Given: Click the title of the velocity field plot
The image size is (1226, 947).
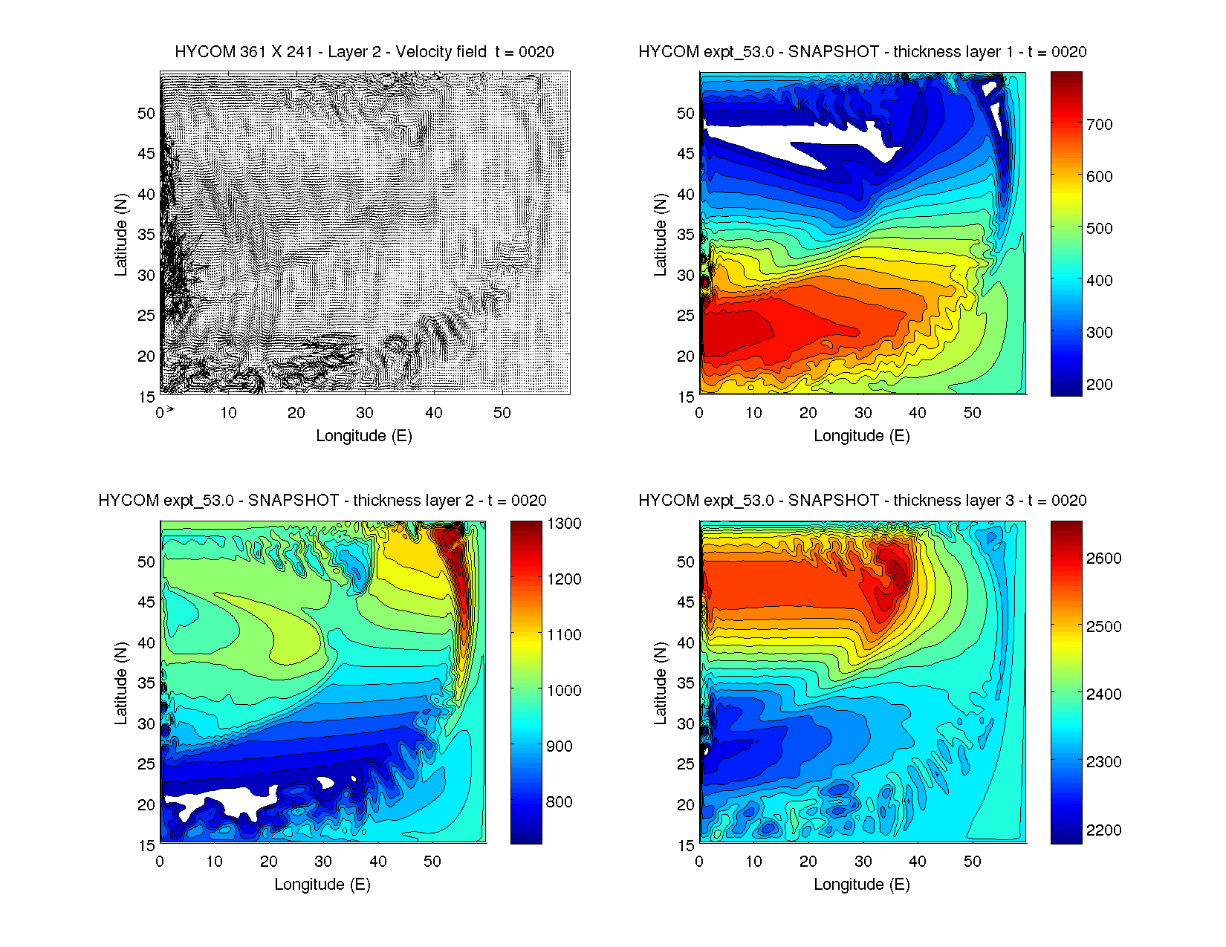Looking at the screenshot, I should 364,52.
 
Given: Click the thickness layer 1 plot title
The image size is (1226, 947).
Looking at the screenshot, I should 862,52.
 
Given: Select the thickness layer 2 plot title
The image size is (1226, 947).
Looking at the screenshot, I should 322,501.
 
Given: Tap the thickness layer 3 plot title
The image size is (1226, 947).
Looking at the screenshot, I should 862,501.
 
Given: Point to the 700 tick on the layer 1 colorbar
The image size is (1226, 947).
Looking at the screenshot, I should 1099,125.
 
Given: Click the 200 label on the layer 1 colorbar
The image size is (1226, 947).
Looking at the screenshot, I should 1099,385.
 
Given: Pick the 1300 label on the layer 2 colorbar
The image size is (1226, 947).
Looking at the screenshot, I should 565,524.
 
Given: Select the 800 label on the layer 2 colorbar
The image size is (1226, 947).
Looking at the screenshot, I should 560,802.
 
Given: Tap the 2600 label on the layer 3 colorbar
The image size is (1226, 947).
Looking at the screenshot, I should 1103,559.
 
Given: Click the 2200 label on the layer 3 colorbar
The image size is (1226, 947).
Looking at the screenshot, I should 1103,830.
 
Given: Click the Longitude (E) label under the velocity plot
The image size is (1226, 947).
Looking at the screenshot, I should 364,436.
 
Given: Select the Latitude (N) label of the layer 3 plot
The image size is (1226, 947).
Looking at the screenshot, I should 660,683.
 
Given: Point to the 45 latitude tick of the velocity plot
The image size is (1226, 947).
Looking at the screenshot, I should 146,154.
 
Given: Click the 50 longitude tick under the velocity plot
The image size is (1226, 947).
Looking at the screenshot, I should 502,413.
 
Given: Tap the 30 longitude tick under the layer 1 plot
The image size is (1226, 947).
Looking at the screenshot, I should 863,413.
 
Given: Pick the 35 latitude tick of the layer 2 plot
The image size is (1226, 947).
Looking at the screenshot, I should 146,683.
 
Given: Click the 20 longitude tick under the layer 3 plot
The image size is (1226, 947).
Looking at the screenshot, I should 808,862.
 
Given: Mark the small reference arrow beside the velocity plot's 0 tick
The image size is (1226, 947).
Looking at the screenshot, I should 170,409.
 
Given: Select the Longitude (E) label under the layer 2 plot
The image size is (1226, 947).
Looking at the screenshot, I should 322,885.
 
